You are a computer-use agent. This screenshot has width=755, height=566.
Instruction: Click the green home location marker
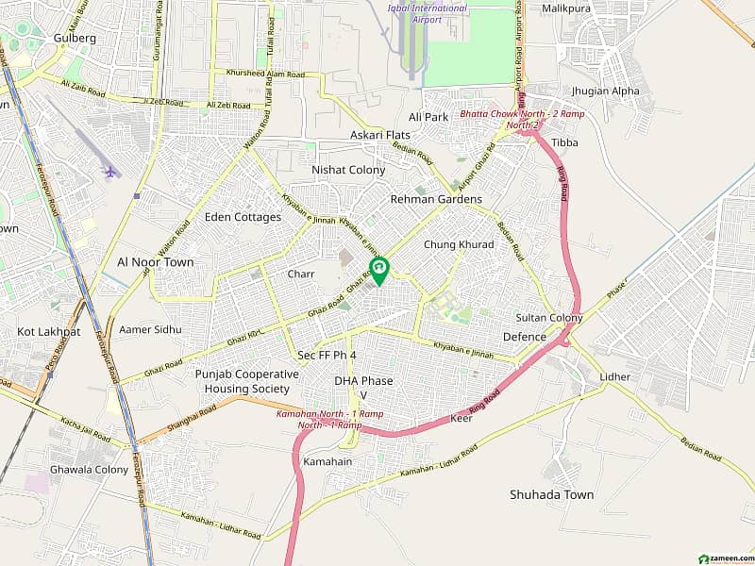click(378, 270)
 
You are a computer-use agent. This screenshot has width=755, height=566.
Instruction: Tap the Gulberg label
click(75, 38)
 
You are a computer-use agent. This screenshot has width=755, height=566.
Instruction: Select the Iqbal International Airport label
click(427, 14)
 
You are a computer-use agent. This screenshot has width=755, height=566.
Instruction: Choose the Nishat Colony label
click(348, 170)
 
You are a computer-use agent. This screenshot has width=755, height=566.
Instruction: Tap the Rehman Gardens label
click(436, 199)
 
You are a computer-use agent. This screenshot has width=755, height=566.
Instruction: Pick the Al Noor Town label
click(156, 262)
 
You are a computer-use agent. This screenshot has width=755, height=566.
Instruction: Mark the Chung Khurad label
click(459, 244)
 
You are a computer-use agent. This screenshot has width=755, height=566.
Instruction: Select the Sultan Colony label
click(549, 318)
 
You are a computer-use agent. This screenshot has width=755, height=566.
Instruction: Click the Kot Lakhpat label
click(49, 332)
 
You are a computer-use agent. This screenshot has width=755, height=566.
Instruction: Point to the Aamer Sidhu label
click(150, 329)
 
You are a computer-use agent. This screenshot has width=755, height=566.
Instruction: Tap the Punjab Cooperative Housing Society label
click(247, 381)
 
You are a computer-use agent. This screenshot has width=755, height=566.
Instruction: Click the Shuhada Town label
click(551, 494)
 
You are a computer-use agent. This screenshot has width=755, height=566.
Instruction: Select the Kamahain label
click(327, 461)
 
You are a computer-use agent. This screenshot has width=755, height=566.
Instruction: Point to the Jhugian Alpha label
click(605, 92)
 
